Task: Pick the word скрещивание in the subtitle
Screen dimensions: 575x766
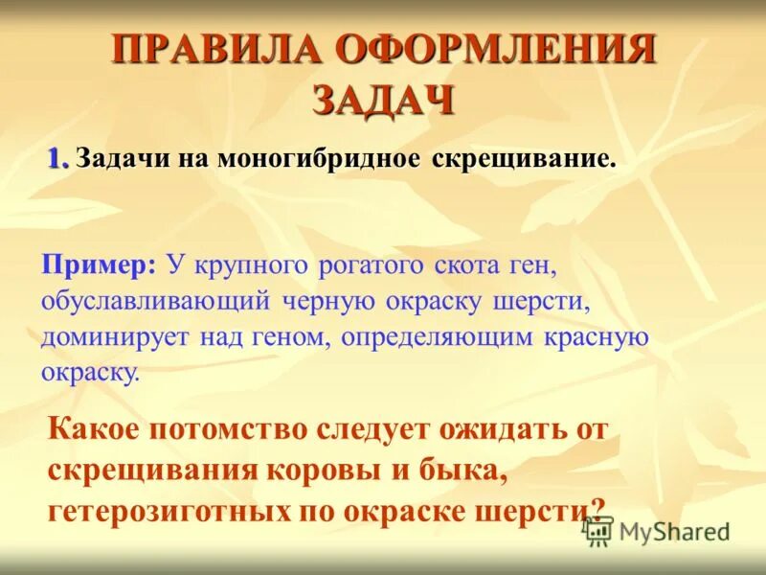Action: coord(523,158)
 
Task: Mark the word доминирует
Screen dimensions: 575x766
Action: coord(115,336)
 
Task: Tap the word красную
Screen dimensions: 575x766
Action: coord(598,336)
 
